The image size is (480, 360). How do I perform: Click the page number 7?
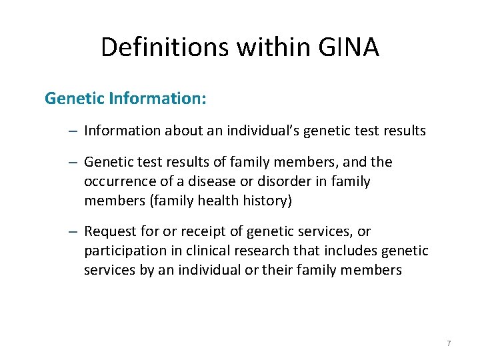pos(449,343)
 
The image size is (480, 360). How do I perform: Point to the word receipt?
pos(198,231)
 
